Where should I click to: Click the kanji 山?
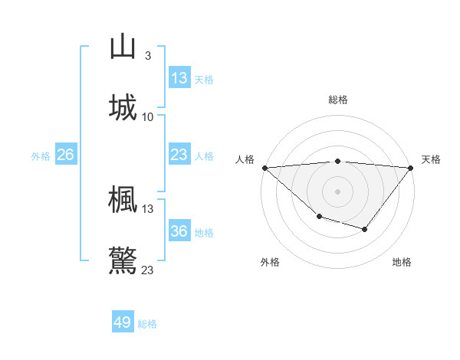tap(123, 47)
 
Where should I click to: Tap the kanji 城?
tap(123, 107)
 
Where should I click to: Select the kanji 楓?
tap(123, 199)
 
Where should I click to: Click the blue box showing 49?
tap(123, 322)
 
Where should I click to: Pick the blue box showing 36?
tap(179, 231)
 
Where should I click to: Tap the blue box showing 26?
tap(66, 155)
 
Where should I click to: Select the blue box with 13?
tap(179, 78)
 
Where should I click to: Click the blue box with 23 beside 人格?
tap(179, 155)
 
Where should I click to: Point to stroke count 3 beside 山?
tap(147, 56)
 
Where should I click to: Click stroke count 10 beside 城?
tap(148, 116)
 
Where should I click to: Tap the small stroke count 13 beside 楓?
tap(148, 208)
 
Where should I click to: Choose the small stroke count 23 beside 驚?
tap(148, 270)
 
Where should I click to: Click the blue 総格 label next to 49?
tap(148, 324)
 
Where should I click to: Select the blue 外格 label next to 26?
tap(41, 155)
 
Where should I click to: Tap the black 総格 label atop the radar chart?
tap(337, 100)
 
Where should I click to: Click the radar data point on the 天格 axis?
tap(411, 167)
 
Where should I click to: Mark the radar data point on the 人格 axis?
tap(264, 167)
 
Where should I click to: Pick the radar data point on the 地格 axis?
tap(365, 229)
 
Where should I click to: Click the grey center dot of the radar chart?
tap(337, 191)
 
